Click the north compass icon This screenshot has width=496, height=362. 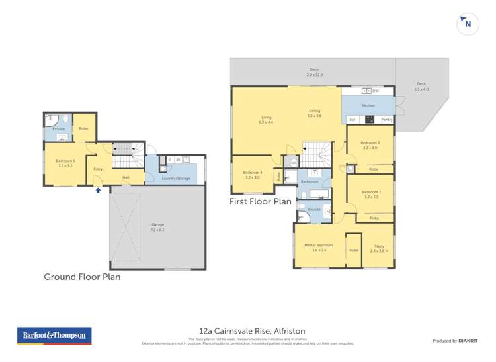tap(468, 24)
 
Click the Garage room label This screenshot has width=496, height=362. tap(157, 227)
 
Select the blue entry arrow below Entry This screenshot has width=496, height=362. tap(99, 190)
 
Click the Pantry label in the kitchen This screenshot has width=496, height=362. tap(387, 119)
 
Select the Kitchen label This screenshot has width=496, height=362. tap(368, 106)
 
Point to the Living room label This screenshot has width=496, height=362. tap(266, 120)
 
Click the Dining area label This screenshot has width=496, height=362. tap(314, 113)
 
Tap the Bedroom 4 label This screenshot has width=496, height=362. tap(253, 175)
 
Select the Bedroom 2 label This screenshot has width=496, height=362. tap(370, 194)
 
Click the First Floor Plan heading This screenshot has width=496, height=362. tap(261, 201)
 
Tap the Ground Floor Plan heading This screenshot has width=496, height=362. tap(82, 277)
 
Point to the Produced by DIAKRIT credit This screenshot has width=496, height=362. tap(454, 340)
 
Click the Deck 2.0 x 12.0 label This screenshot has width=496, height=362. tap(314, 71)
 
